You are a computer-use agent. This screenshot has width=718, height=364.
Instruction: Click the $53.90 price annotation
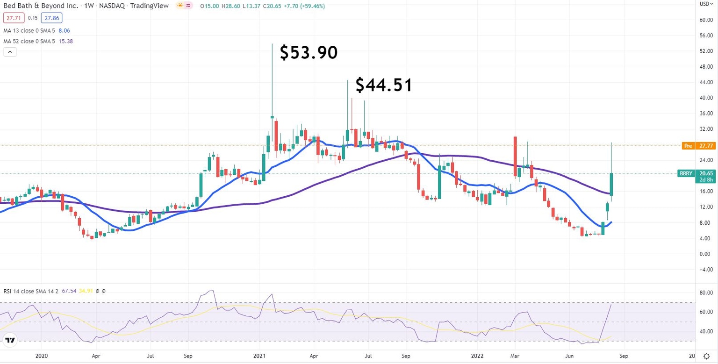coord(309,53)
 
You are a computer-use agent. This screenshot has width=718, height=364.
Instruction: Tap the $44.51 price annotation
coord(384,85)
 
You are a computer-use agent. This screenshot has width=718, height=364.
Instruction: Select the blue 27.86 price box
coord(51,18)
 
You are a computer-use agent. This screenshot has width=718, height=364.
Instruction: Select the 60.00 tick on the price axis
coord(706,20)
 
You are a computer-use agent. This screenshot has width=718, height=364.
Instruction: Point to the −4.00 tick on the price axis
coord(706,269)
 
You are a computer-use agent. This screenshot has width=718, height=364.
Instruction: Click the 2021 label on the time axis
coord(259,355)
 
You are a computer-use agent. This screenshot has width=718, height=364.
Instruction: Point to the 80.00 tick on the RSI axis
coord(706,293)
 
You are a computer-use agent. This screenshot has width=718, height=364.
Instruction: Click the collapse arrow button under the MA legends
coord(10,52)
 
